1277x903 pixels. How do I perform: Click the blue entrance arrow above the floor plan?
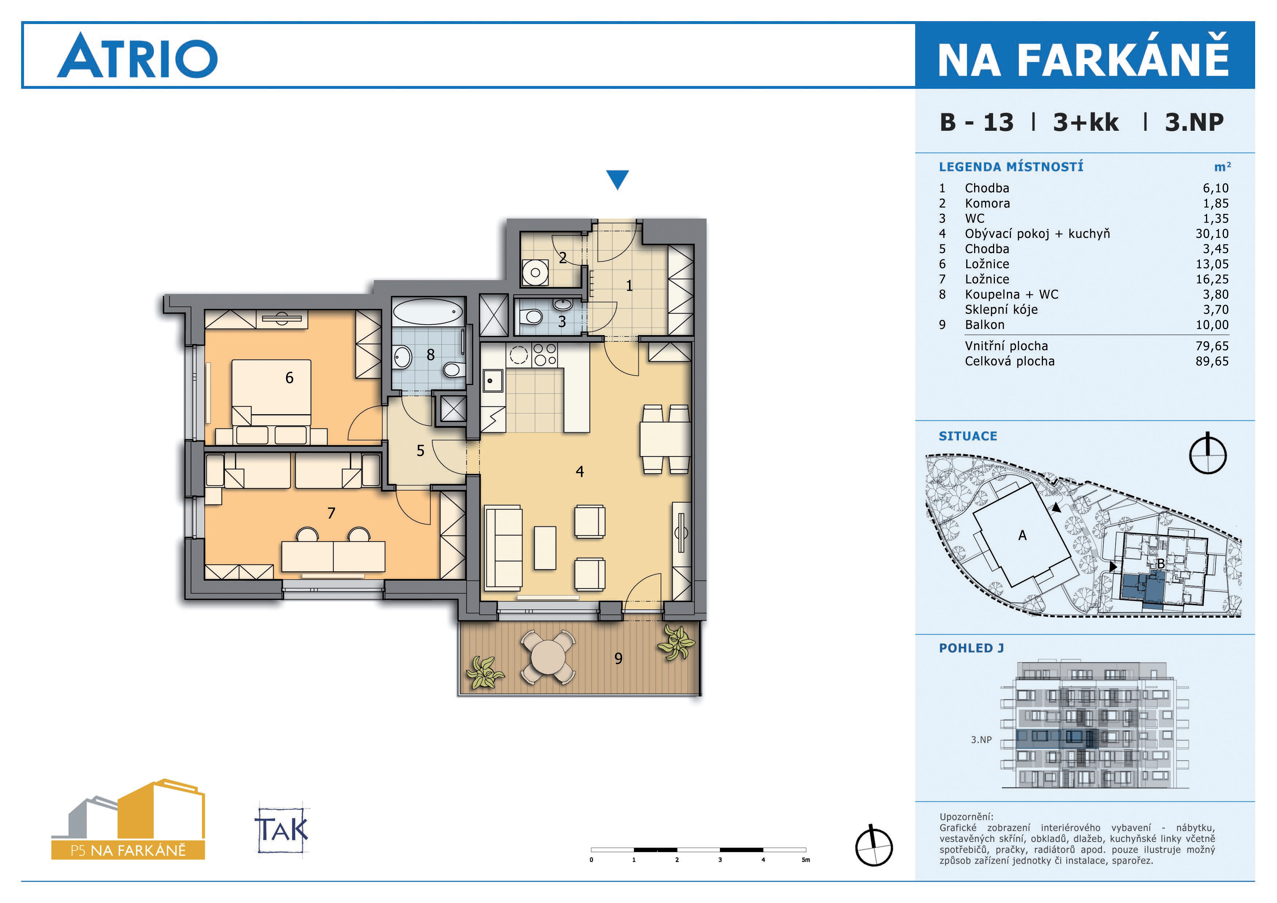pos(617,179)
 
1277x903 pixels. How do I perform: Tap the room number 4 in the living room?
pos(580,472)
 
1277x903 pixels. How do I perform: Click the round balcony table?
pos(548,657)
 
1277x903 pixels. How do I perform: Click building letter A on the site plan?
pos(1022,535)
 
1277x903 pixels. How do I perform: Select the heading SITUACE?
pos(968,436)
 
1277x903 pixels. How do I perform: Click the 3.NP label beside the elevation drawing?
pos(981,740)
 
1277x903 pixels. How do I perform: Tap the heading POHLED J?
pos(971,648)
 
